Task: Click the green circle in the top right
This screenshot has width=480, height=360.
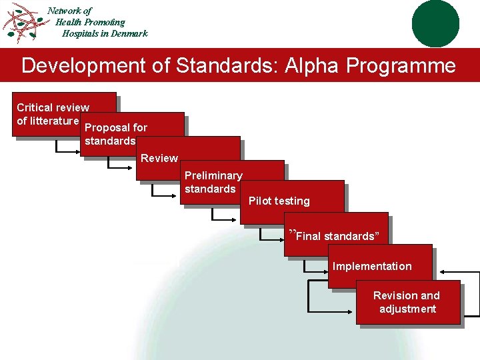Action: [x=435, y=23]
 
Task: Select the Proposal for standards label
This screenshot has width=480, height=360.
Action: [x=116, y=134]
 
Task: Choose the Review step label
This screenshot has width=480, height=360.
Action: [x=159, y=158]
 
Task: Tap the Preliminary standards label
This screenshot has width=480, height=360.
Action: [x=213, y=182]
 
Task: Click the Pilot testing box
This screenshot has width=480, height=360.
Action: [x=279, y=201]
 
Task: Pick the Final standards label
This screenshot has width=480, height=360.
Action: [x=335, y=236]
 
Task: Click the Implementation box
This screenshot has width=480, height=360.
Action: [x=372, y=266]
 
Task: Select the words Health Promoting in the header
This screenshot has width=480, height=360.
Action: [x=90, y=22]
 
